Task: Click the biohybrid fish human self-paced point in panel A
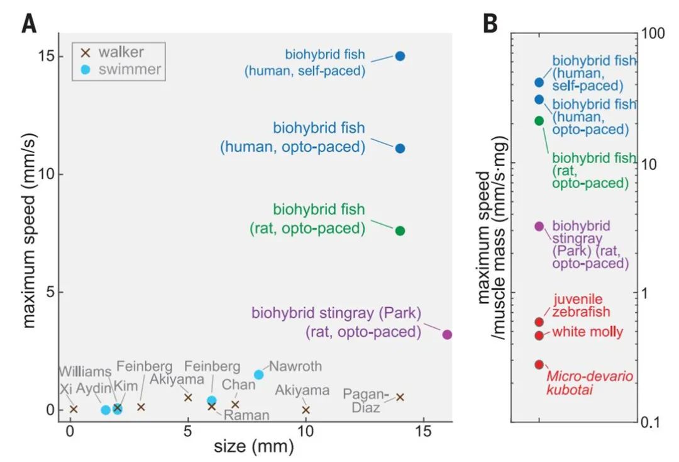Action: (400, 56)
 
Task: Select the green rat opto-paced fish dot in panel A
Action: (400, 231)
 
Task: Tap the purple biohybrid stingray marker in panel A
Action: (447, 334)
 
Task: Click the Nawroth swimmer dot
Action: (258, 375)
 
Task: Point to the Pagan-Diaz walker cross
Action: (400, 397)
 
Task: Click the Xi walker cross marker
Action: (74, 409)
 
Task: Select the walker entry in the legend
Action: (117, 52)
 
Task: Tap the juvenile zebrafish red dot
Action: (539, 322)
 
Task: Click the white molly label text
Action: (588, 332)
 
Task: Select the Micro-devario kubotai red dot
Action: (539, 364)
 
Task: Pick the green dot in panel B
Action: (539, 121)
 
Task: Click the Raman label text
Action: (248, 415)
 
